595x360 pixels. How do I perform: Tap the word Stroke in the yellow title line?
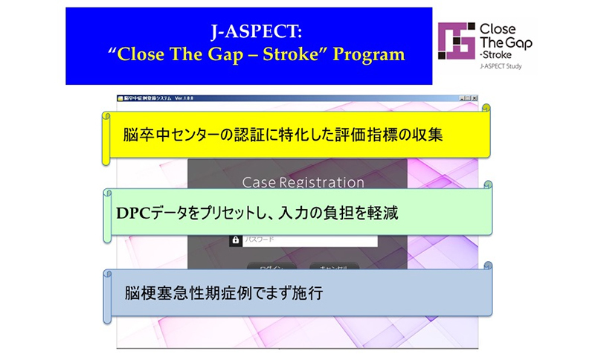pos(301,54)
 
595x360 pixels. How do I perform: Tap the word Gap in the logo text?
pos(518,43)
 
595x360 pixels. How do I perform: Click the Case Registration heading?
pos(303,182)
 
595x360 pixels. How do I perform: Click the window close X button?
pos(475,98)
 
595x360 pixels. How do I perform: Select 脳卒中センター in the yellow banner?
pos(168,136)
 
